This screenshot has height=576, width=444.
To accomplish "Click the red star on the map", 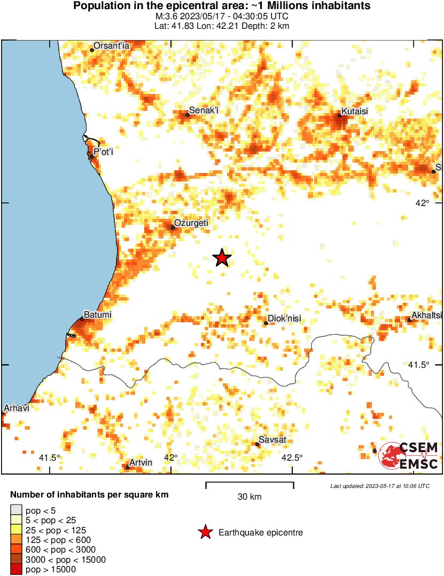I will tap(222, 258).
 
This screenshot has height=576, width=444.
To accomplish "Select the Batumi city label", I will tap(98, 315).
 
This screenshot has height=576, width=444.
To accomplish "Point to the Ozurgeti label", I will tap(192, 223).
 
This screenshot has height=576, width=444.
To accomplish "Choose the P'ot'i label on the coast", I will tap(104, 152).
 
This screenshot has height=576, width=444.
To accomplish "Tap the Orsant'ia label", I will tap(112, 46).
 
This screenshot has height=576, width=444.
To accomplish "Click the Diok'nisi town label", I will tap(285, 319).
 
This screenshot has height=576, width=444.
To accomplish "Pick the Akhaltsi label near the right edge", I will tap(428, 315).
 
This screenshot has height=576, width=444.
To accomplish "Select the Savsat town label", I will tap(272, 440).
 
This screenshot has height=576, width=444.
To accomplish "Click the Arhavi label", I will tap(16, 408).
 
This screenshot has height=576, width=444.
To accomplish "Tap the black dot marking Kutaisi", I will tap(339, 115).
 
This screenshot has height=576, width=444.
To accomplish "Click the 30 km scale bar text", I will tap(250, 497).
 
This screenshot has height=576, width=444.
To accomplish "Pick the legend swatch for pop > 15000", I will tap(16, 570).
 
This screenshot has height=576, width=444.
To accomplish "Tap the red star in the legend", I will tap(205, 532).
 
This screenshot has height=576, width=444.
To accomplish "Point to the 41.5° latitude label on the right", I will tap(419, 365).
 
